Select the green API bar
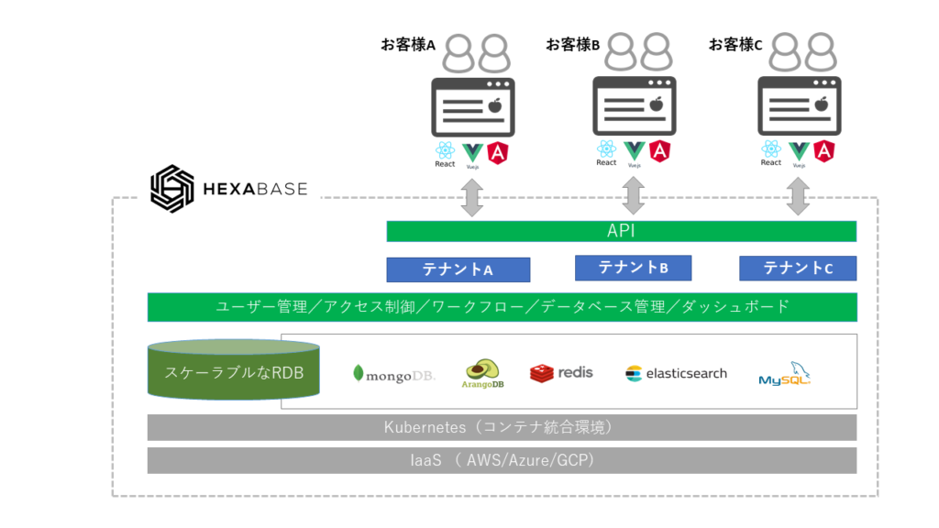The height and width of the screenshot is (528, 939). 621,231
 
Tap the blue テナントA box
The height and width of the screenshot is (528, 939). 458,269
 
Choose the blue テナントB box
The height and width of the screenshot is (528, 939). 633,268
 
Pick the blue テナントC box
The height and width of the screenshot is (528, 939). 798,268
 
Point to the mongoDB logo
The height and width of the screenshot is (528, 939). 394,374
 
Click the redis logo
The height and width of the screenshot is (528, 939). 561,372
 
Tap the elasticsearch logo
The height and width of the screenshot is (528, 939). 676,373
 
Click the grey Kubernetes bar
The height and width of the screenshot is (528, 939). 502,427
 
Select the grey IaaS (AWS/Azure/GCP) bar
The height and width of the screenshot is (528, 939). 502,460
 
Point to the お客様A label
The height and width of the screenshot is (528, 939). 408,45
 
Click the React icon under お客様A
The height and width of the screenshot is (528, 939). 445,151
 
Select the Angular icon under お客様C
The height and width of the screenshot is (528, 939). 823,150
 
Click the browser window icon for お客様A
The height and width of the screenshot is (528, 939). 472,107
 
